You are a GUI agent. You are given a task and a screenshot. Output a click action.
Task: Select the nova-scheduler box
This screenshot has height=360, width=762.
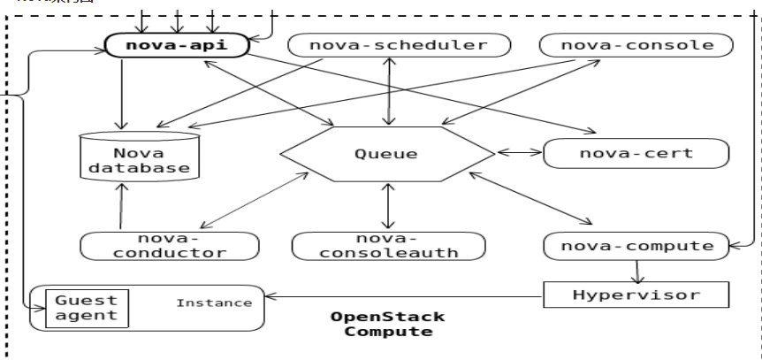click(x=400, y=45)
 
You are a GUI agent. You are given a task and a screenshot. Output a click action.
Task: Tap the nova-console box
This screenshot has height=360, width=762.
click(x=637, y=45)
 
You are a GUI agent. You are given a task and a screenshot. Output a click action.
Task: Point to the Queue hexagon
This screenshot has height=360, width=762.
click(x=386, y=154)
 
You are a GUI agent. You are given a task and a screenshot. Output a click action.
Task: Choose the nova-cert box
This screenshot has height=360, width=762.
click(x=636, y=153)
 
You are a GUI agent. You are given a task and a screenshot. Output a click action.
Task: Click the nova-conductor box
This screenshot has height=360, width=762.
click(x=170, y=246)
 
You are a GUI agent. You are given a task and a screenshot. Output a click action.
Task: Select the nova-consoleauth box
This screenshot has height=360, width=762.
click(x=388, y=246)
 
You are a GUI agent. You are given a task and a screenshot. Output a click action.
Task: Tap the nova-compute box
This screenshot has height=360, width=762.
click(x=637, y=245)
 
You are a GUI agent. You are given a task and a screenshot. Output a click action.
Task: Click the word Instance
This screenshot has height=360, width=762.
click(x=214, y=303)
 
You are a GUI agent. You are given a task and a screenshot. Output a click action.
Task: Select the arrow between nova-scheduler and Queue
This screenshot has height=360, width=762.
click(x=386, y=93)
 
